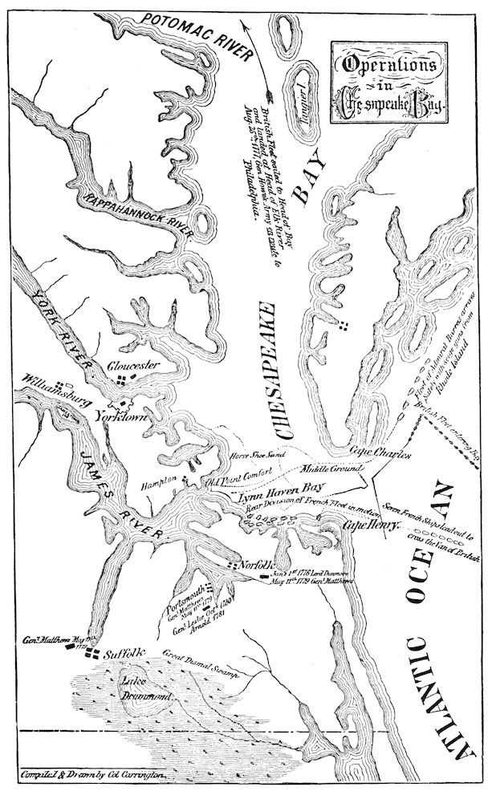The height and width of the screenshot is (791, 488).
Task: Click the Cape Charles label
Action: click(x=380, y=454)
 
